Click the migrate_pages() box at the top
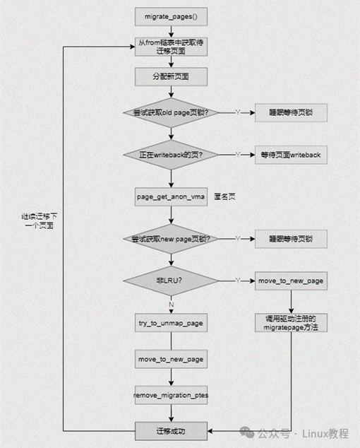coord(170,15)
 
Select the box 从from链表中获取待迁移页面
coord(170,47)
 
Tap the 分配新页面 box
coord(170,76)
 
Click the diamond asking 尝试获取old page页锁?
coord(170,112)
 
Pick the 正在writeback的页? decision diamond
coord(170,154)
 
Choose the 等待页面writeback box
coord(291,154)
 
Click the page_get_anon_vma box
coord(170,196)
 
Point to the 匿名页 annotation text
coord(224,196)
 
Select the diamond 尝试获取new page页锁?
coord(170,239)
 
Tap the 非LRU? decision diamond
coord(170,281)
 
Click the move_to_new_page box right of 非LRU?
coord(291,281)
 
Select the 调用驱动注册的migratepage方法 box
coord(291,323)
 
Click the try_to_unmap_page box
coord(170,323)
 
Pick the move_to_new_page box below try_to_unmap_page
coord(170,359)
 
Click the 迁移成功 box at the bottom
coord(170,430)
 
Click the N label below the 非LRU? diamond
coord(170,304)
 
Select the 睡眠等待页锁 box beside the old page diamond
coord(291,112)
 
